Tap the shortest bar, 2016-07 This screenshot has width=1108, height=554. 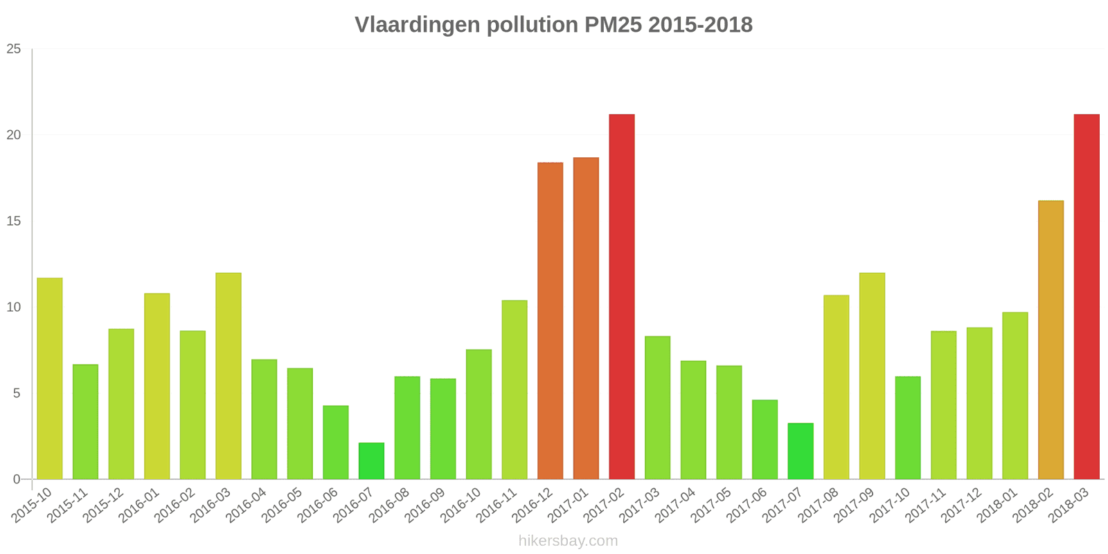tap(371, 461)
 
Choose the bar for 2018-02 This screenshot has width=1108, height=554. tap(1051, 340)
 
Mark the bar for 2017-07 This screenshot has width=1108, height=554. tap(801, 451)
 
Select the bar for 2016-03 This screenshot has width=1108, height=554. tap(229, 376)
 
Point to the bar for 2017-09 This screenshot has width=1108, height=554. tap(872, 376)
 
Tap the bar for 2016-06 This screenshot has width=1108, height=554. tap(336, 443)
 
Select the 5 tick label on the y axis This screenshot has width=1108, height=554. tap(17, 393)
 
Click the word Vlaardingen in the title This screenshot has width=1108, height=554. tap(418, 25)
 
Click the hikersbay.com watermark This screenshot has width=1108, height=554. tap(568, 541)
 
